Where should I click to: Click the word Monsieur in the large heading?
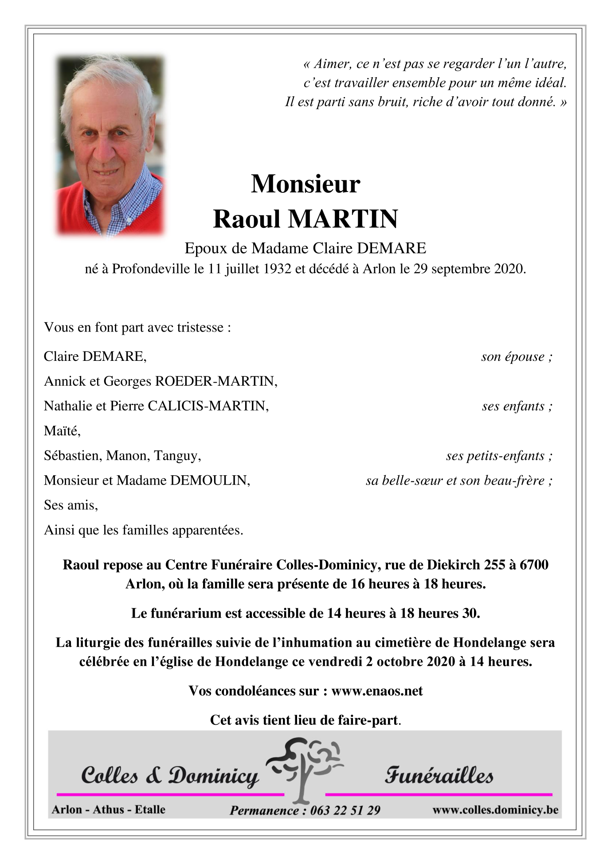305,184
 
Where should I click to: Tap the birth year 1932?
277,269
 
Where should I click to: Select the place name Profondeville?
151,269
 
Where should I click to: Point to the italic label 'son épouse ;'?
517,356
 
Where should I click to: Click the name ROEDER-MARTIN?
215,381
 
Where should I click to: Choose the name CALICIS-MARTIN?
208,406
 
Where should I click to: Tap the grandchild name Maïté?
61,431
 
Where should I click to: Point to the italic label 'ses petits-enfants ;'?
499,456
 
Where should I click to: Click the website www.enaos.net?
377,691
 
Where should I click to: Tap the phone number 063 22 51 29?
345,810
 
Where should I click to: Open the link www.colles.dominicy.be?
495,810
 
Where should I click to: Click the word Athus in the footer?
109,809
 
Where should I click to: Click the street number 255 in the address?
494,565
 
